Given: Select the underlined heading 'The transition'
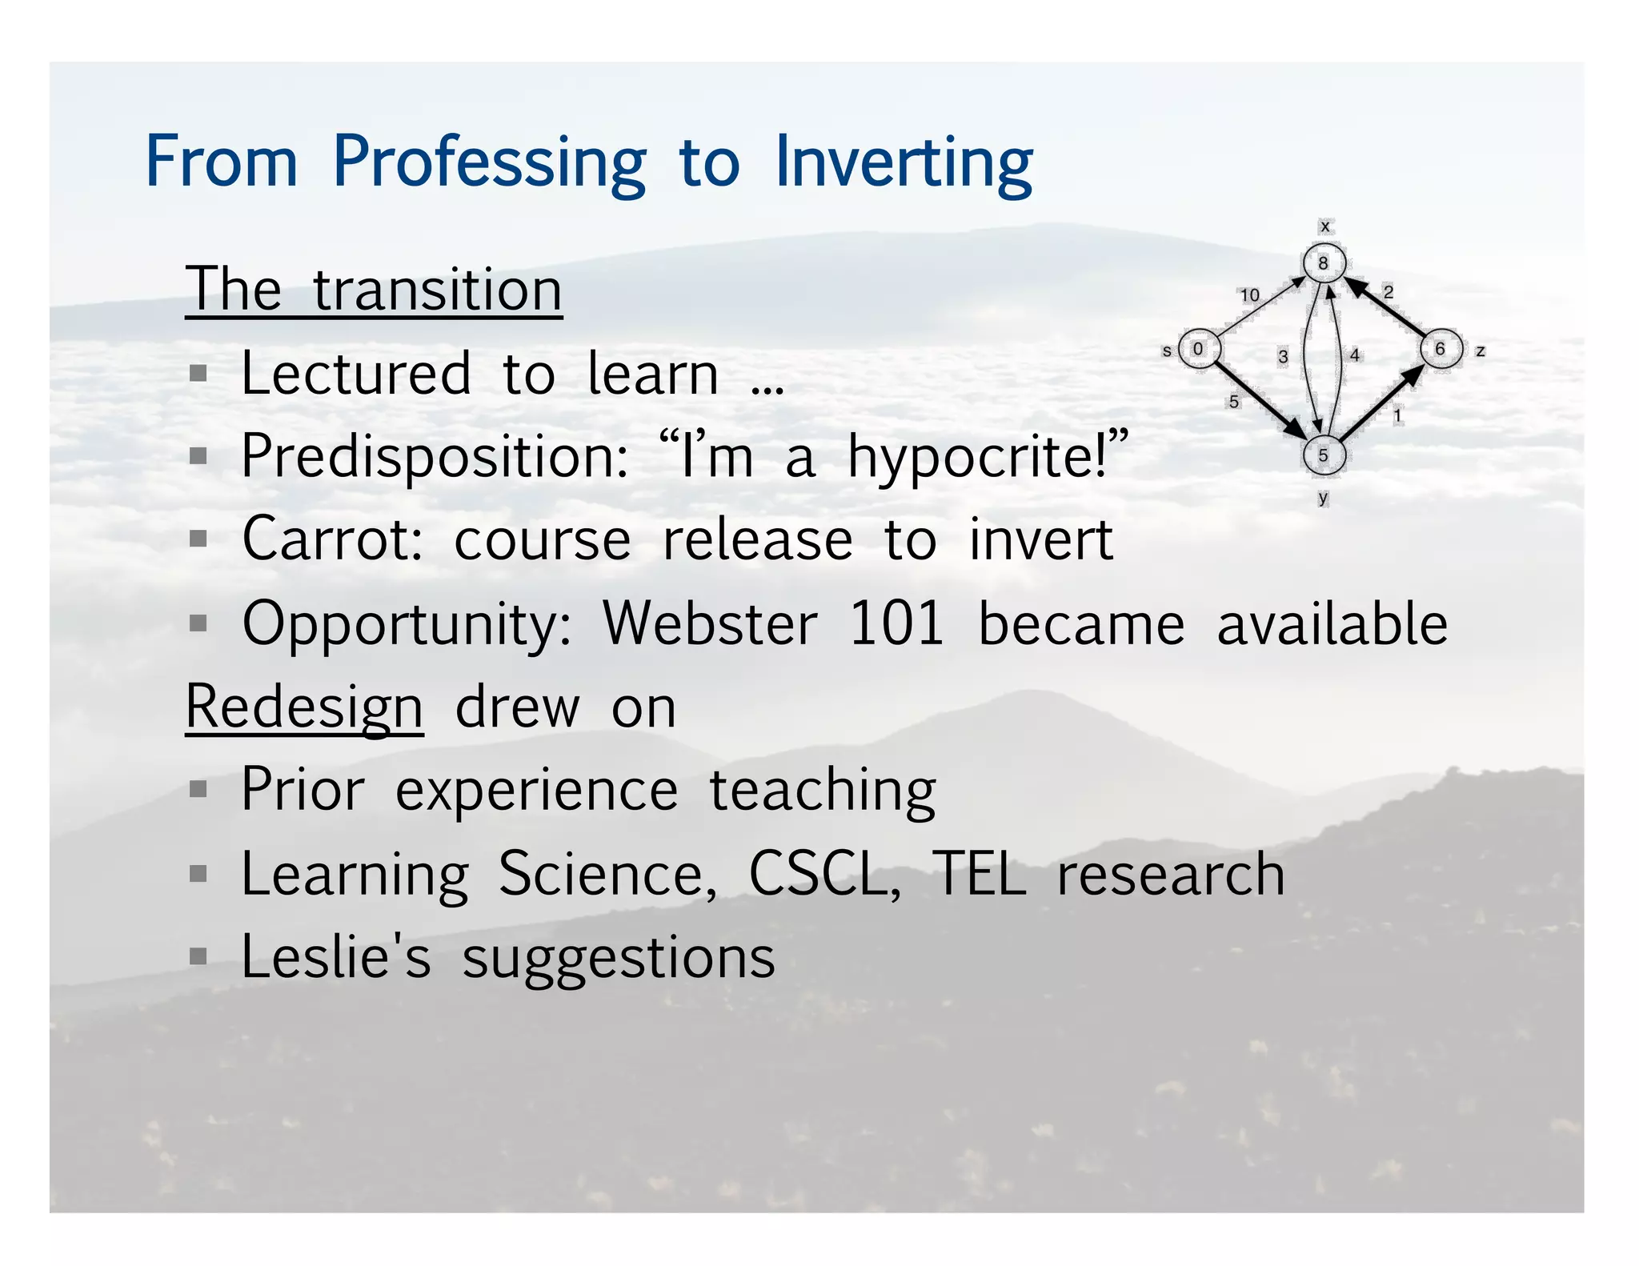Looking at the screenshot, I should coord(374,290).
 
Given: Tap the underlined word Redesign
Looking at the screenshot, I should coord(304,707).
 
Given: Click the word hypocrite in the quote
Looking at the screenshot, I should coord(976,457).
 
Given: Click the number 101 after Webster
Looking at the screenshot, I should coord(896,623).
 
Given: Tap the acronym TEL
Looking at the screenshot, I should coord(980,874).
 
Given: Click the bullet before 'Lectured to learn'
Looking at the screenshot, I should coord(198,374).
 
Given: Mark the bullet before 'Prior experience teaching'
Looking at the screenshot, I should coord(198,791).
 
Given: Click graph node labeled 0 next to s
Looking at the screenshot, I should coord(1199,349).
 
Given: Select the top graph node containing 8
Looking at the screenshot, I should coord(1324,262).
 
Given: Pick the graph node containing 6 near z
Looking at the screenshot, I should coord(1441,349).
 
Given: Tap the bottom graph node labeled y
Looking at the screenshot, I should coord(1324,455).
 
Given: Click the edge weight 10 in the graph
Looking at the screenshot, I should coord(1249,295).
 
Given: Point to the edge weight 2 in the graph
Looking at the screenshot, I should coord(1389,292).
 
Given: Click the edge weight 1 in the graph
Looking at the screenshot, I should coord(1397,415).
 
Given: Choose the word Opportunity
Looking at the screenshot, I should coord(407,623).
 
